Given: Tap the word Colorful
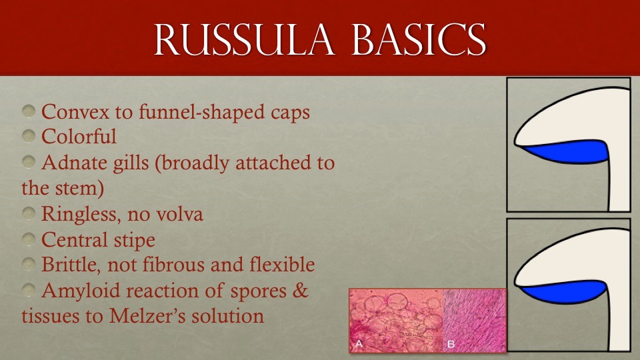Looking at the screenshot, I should (x=79, y=137).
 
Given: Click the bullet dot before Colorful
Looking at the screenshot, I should (x=28, y=137).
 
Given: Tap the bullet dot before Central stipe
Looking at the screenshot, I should (x=28, y=239).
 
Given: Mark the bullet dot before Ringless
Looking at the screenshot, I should (x=28, y=214).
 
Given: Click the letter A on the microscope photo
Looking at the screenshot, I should (x=359, y=345).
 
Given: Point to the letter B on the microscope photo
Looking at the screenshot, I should (x=451, y=345).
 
